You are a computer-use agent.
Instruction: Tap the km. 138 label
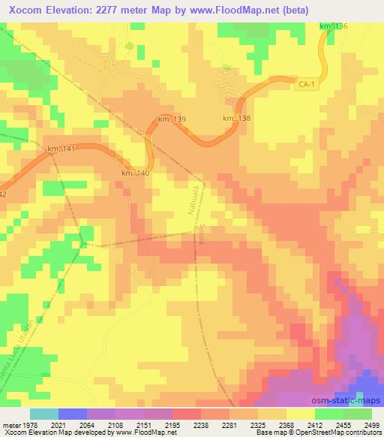[236, 119]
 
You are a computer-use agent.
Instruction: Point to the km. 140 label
[135, 173]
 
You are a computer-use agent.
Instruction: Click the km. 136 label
[333, 27]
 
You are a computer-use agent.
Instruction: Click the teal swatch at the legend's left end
[43, 414]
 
